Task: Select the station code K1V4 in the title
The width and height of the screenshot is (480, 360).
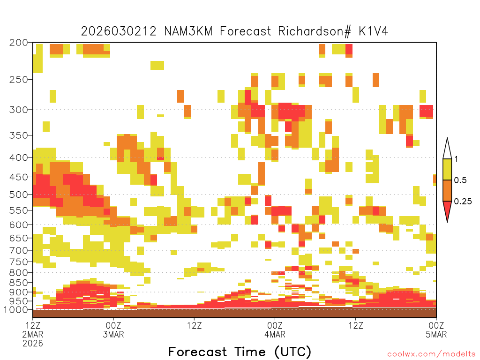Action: pyautogui.click(x=374, y=31)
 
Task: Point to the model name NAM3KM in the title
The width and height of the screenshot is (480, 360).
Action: pyautogui.click(x=188, y=31)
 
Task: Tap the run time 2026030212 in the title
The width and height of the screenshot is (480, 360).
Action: pyautogui.click(x=119, y=31)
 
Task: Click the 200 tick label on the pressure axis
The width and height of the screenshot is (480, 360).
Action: pyautogui.click(x=19, y=43)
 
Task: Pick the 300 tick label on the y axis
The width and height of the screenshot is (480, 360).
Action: pyautogui.click(x=19, y=110)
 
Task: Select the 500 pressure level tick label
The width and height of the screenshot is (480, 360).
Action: pyautogui.click(x=19, y=195)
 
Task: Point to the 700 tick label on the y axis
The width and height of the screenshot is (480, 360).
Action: pyautogui.click(x=19, y=250)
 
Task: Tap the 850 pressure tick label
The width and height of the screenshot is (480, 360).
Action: pyautogui.click(x=19, y=283)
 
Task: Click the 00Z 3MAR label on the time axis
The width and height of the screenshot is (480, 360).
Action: pyautogui.click(x=113, y=330)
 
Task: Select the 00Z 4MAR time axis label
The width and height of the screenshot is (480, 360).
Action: pyautogui.click(x=275, y=330)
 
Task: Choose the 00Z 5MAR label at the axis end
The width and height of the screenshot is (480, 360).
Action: pyautogui.click(x=436, y=330)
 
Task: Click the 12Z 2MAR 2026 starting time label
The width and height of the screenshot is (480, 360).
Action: pyautogui.click(x=33, y=334)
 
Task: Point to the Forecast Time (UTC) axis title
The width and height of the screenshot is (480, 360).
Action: pyautogui.click(x=240, y=352)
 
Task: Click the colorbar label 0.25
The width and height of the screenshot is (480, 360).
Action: pyautogui.click(x=463, y=202)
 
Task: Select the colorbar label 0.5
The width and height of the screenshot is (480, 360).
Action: pyautogui.click(x=460, y=180)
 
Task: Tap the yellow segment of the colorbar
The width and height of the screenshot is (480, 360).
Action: pyautogui.click(x=447, y=169)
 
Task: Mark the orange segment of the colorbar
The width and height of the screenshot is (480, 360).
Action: pyautogui.click(x=447, y=190)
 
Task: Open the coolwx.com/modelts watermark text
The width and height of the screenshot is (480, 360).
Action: pyautogui.click(x=432, y=354)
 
